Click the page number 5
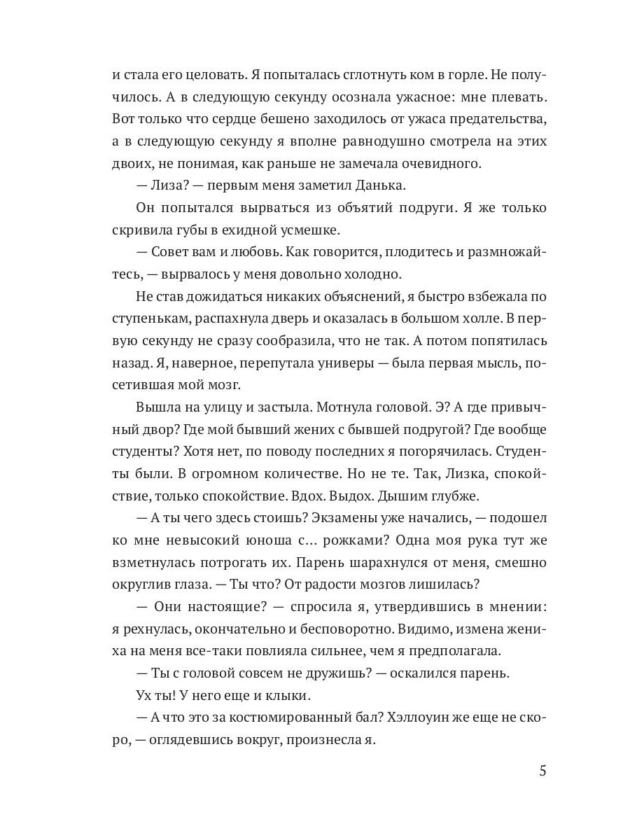(542, 771)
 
